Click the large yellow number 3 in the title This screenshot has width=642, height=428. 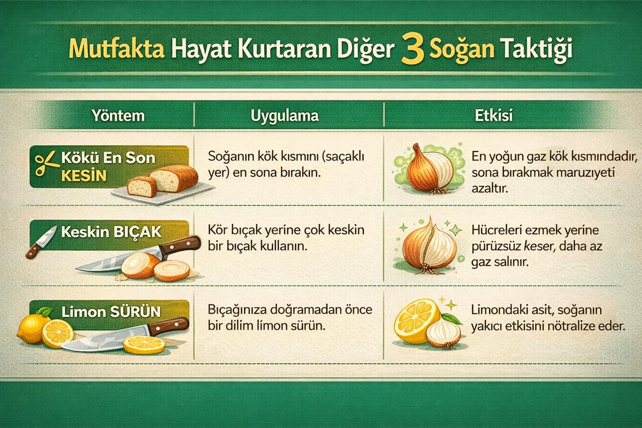pos(412,49)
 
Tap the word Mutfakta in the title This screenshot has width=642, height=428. pos(117,49)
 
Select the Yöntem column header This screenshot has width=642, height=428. pos(118,115)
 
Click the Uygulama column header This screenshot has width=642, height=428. pos(285,116)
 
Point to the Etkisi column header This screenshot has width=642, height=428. pos(493,115)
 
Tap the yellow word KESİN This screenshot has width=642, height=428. pos(83,175)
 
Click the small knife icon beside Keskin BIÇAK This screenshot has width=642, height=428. pos(41,242)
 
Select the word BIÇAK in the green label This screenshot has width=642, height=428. pos(137,232)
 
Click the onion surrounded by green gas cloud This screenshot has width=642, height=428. pos(430,169)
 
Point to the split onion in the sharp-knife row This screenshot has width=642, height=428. pos(429,247)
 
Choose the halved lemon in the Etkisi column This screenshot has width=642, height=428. pos(416,321)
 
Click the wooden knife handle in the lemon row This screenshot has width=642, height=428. pos(169,326)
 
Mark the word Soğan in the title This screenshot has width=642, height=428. pos(462,49)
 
